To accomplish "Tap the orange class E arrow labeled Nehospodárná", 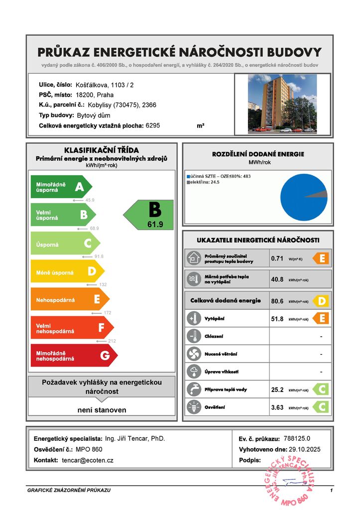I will point(69,299).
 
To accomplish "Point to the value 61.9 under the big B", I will point(155,225).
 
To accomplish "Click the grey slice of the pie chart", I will point(321,195).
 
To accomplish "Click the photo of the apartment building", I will point(282,104).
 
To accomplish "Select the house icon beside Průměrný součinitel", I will point(193,258).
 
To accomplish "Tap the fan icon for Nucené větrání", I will point(193,354).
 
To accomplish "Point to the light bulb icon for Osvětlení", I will point(193,407).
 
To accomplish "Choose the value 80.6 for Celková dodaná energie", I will point(277,301).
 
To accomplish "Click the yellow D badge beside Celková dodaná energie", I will point(322,301).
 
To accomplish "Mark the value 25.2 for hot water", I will point(277,389).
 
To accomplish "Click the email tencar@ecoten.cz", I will point(88,460).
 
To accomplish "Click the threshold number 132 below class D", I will point(103,284).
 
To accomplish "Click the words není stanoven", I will point(102,410).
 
